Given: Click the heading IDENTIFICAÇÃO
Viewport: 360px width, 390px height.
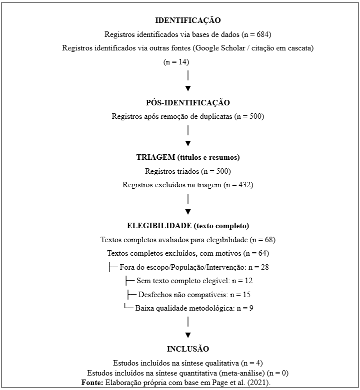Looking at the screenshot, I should [x=187, y=21].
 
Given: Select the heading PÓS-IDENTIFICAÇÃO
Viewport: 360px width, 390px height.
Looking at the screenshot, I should [x=187, y=103].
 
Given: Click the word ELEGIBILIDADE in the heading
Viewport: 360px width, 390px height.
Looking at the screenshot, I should [x=159, y=225].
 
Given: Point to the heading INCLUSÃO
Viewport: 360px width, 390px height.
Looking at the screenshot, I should [x=187, y=349].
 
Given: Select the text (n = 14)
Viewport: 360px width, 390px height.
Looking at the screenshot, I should [x=176, y=62].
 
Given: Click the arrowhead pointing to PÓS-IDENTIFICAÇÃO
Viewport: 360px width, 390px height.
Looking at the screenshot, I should [x=188, y=89].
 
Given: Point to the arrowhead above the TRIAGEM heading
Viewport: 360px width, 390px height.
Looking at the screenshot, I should [x=188, y=143].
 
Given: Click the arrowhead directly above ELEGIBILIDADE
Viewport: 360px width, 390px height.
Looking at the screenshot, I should [x=188, y=211].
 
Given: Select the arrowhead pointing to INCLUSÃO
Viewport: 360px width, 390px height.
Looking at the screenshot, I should [x=188, y=335].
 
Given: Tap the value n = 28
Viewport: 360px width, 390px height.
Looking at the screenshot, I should [x=258, y=267].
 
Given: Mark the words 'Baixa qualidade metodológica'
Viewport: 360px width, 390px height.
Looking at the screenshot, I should [x=184, y=308].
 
